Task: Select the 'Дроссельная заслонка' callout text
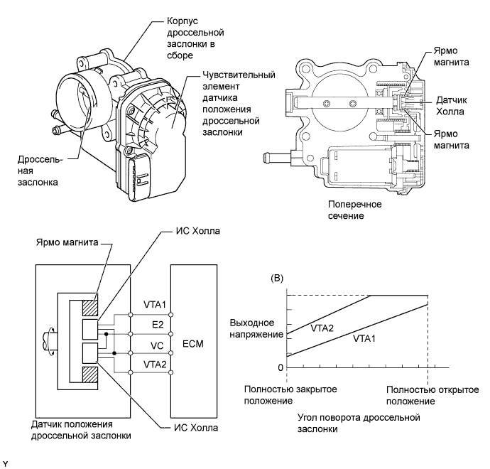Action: click(x=37, y=171)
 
